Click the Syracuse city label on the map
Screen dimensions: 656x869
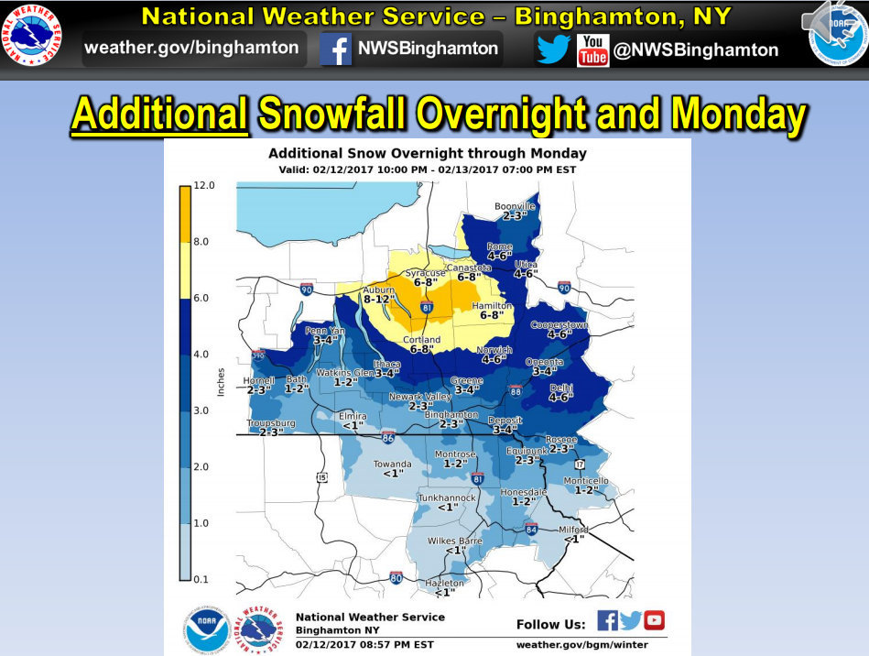click(424, 273)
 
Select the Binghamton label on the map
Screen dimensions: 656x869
click(451, 415)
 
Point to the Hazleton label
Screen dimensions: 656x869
click(445, 584)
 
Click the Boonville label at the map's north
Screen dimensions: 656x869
click(515, 206)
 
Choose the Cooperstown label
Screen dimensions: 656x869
click(559, 325)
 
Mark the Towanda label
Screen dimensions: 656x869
click(392, 465)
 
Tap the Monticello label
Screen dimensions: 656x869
click(586, 481)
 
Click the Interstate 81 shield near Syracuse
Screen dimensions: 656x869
click(427, 308)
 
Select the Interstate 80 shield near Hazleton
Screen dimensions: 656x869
click(396, 577)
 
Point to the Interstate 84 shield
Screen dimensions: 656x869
click(532, 529)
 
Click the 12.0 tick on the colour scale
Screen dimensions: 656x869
click(204, 185)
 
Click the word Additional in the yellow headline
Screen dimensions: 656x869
click(160, 115)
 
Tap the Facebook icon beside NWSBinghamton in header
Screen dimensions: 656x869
click(337, 49)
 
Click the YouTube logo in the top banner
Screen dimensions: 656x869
click(593, 50)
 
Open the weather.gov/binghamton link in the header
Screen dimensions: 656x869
click(191, 49)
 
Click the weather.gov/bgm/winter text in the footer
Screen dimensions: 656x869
click(581, 645)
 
